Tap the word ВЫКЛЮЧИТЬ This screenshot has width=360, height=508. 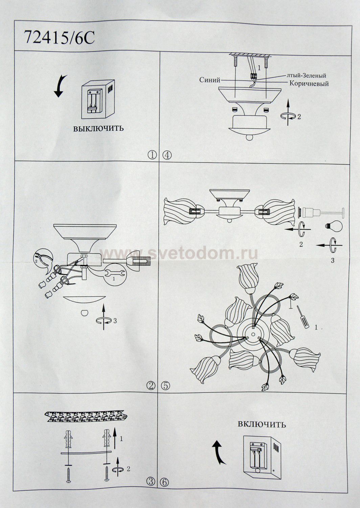[98, 128]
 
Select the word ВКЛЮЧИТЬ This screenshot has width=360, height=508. [262, 424]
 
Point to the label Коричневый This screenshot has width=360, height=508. [309, 83]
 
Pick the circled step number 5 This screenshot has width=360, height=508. [166, 385]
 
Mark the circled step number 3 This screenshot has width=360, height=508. [151, 481]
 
